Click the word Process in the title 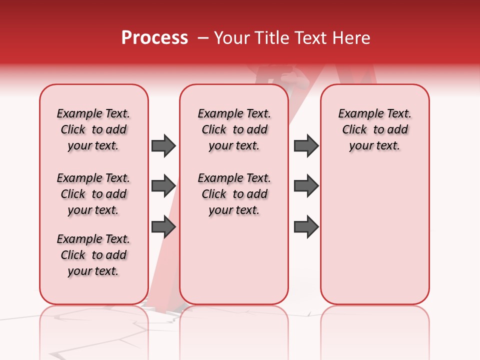[x=154, y=38]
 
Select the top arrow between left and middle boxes [x=163, y=145]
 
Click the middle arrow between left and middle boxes [x=163, y=186]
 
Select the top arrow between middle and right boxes [x=306, y=145]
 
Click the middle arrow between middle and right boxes [x=306, y=186]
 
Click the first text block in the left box [x=93, y=129]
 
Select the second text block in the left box [x=93, y=194]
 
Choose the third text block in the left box [x=93, y=255]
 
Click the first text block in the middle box [x=234, y=129]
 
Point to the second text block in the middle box [x=234, y=194]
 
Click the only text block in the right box [x=374, y=129]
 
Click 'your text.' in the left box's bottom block [x=93, y=271]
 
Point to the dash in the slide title [x=203, y=38]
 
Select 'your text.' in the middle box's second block [x=234, y=210]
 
